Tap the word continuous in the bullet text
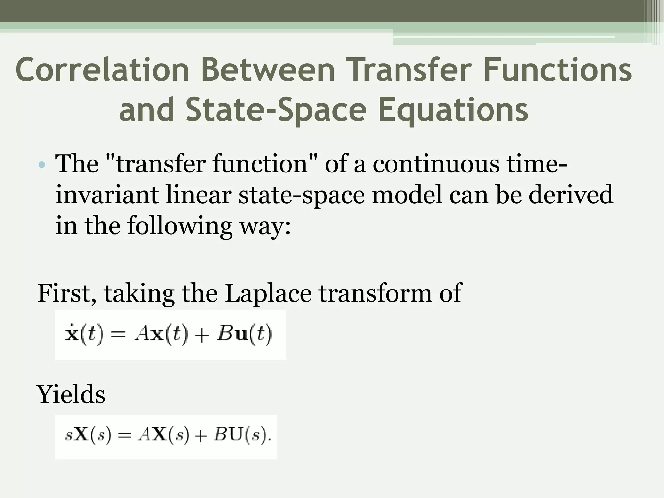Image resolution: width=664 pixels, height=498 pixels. tap(436, 164)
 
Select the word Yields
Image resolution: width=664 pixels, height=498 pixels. tap(71, 394)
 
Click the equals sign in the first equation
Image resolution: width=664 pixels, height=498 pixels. tap(116, 335)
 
